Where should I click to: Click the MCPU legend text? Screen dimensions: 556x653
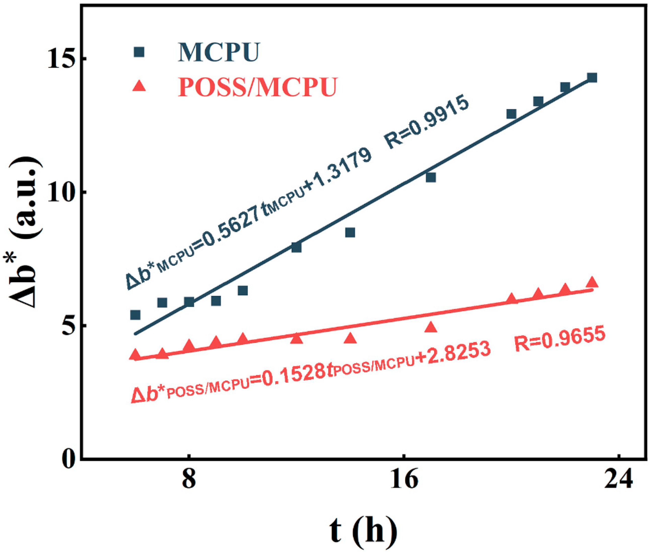218,52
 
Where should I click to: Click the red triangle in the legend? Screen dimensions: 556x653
139,86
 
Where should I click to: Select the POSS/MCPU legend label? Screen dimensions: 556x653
257,87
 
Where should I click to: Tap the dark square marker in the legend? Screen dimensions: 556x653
139,52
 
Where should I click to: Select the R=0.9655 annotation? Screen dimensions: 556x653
560,339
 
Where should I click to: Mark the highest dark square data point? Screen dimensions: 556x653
592,78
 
